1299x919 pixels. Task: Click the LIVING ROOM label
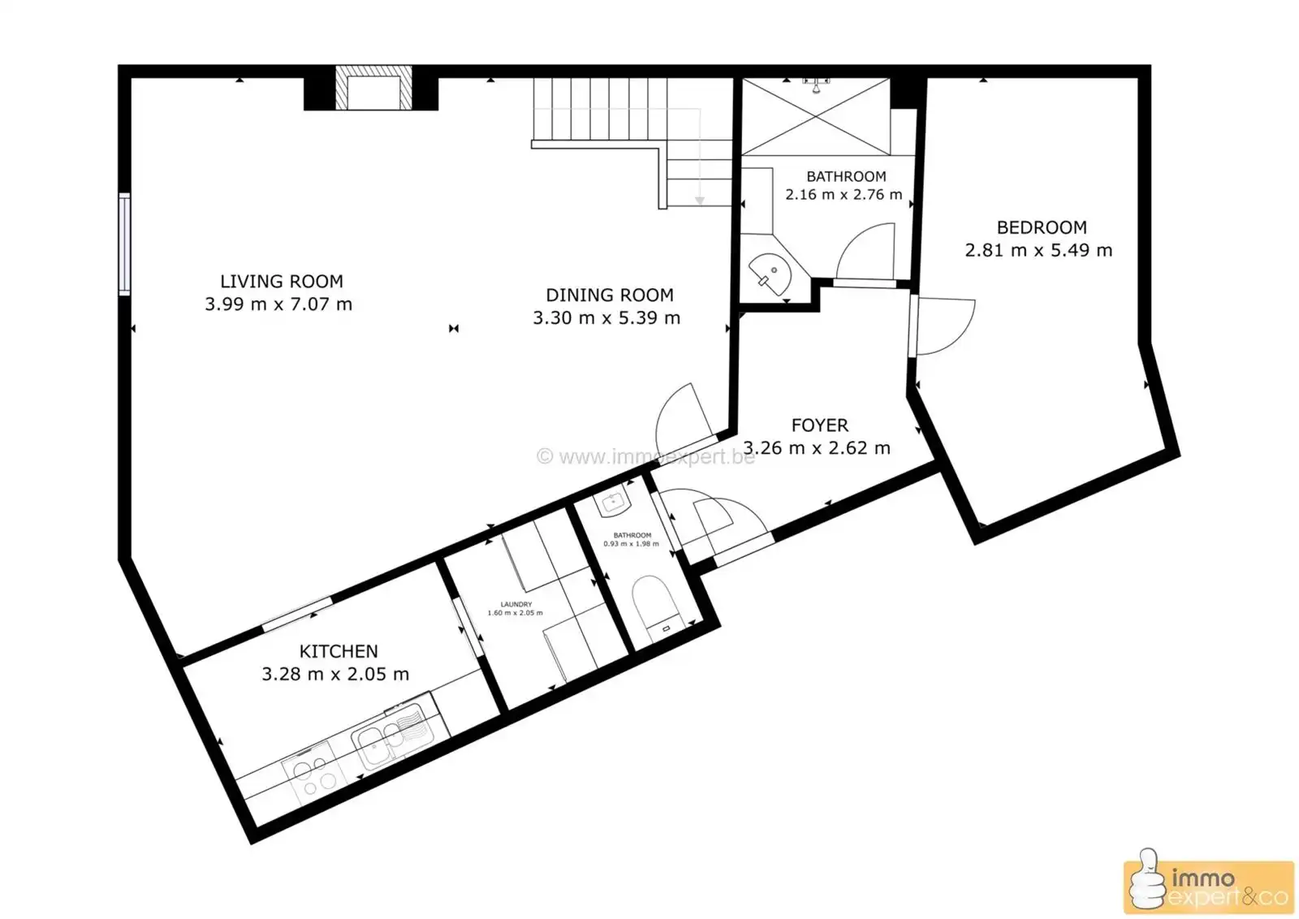(x=281, y=282)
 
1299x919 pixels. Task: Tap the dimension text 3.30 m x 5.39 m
(x=606, y=318)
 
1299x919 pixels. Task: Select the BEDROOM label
(x=1041, y=228)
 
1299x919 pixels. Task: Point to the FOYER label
(x=819, y=425)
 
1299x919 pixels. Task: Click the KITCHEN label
(x=339, y=652)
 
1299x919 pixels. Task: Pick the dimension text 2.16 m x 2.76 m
(x=844, y=195)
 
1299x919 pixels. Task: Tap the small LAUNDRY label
(x=516, y=605)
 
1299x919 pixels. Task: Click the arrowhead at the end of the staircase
(x=699, y=201)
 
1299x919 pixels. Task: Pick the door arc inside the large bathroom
(x=865, y=251)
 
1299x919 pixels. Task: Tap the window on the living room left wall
(x=124, y=244)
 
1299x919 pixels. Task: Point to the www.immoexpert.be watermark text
(x=646, y=457)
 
